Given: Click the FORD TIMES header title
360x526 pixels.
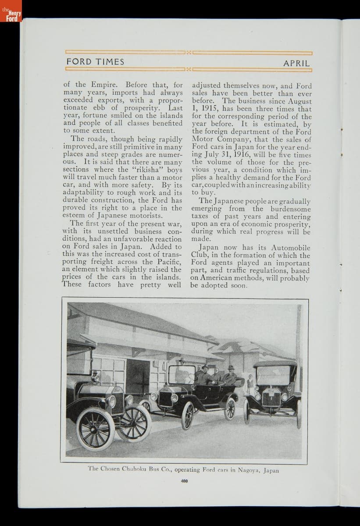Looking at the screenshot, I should (95, 62).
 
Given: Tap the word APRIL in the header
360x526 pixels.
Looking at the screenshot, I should (297, 63).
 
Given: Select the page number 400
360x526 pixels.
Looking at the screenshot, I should (184, 481).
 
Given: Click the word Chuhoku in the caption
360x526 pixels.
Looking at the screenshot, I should (132, 469).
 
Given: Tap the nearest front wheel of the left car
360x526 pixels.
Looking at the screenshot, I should (95, 429).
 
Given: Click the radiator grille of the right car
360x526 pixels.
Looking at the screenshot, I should (272, 399).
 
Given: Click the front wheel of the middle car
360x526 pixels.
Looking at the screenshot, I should (188, 415).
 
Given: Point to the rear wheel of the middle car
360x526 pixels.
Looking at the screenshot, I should (230, 409).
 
